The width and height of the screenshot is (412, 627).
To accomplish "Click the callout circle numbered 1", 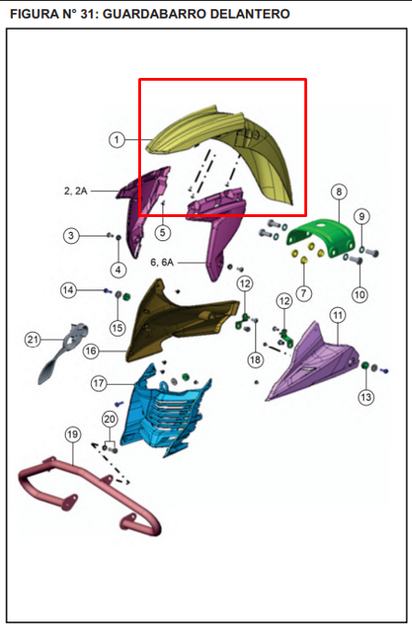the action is (117, 139).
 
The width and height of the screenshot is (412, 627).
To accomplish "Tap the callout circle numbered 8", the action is (339, 192).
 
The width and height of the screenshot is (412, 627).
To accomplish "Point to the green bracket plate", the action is (321, 238).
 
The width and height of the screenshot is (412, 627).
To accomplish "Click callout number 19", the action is (72, 434).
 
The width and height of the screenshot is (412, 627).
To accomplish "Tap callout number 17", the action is (98, 383).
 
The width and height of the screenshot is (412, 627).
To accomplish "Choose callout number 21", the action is (32, 339).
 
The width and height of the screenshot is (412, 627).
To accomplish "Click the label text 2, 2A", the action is (75, 191).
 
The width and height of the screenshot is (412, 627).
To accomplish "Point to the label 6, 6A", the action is (162, 262).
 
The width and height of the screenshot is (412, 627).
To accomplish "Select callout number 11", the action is (338, 315).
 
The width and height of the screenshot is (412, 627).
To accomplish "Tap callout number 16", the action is (91, 352).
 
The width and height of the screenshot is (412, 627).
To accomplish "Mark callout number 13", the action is (366, 397).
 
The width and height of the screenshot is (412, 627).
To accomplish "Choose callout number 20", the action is (109, 419).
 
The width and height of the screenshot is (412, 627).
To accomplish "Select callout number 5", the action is (162, 232).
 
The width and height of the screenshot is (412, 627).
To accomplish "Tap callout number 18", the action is (255, 360).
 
